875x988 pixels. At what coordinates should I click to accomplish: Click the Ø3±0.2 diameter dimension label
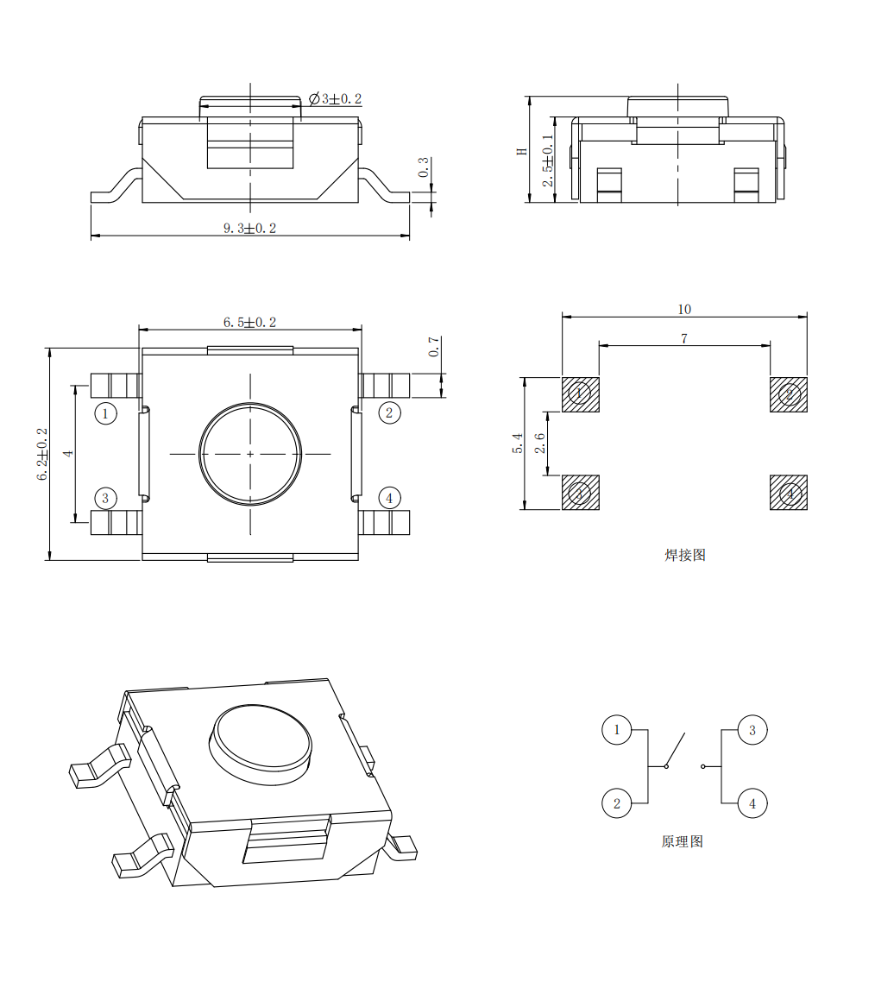point(335,99)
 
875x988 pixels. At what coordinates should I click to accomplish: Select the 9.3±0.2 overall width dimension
point(250,228)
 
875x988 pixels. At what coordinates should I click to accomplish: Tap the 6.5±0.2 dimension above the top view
point(250,322)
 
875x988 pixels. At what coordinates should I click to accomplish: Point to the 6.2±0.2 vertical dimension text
point(42,454)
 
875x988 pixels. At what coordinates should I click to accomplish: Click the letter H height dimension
point(522,152)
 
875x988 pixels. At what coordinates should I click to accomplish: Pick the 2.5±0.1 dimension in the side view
point(548,160)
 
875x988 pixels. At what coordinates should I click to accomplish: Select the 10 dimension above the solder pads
point(684,310)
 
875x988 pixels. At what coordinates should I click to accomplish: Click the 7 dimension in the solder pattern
point(684,338)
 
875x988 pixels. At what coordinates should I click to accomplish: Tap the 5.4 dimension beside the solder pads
point(518,443)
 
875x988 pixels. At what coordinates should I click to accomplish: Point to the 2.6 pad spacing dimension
point(540,443)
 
